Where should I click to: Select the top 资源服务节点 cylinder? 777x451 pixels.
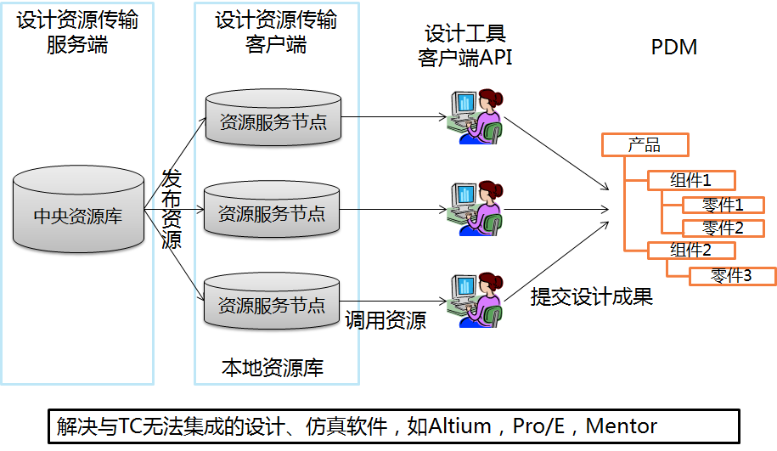(273, 121)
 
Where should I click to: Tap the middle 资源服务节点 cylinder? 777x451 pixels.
(273, 212)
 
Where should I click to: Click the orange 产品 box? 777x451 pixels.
(644, 145)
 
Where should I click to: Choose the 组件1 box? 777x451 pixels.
(690, 180)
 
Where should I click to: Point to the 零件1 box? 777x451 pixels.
(723, 205)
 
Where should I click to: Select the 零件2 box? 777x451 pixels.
(723, 228)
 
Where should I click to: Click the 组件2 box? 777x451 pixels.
(690, 251)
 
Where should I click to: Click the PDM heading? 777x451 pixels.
(674, 48)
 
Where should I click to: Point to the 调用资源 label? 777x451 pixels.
(386, 320)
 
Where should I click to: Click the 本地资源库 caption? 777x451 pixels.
(273, 368)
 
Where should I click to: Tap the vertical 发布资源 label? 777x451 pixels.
(172, 209)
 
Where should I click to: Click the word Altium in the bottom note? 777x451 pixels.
(460, 426)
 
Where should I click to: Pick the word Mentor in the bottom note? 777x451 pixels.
(621, 426)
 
